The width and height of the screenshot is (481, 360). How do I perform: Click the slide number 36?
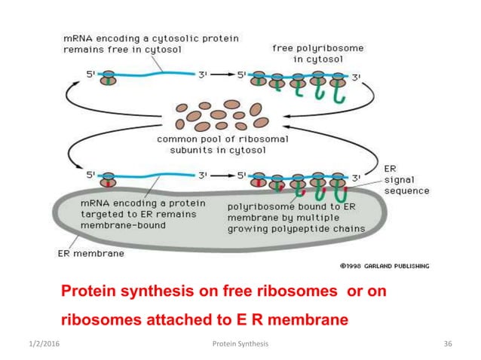[x=448, y=344]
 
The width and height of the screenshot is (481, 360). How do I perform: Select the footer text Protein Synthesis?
[x=241, y=344]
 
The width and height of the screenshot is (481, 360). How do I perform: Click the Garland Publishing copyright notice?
[x=383, y=266]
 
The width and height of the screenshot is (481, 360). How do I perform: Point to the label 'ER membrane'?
[x=91, y=254]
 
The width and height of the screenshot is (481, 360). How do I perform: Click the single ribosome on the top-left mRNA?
[x=109, y=78]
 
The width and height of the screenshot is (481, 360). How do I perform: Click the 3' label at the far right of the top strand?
[x=356, y=75]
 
